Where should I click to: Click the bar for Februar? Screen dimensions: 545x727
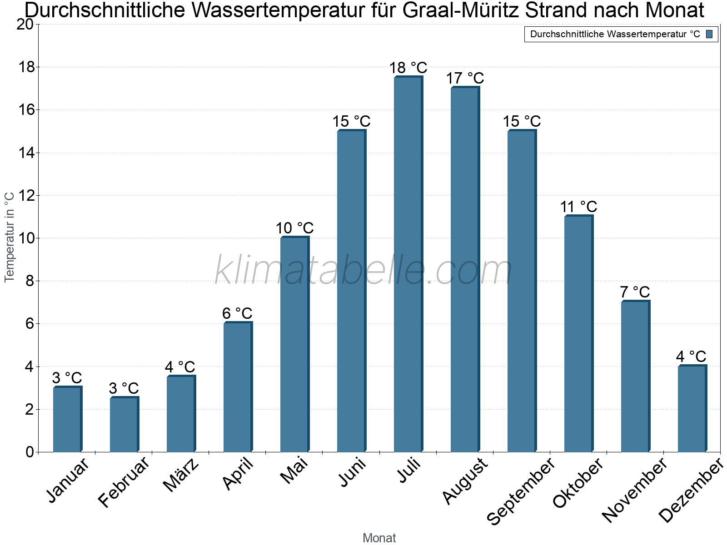(x=124, y=424)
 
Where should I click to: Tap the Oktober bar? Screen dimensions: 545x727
(x=578, y=334)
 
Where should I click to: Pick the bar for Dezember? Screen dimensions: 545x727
(x=692, y=409)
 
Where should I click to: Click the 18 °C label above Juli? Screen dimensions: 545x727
(x=408, y=68)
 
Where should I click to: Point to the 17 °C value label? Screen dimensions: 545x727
(x=465, y=79)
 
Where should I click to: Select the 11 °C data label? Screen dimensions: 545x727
(x=578, y=207)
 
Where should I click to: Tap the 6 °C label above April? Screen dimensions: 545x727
(x=237, y=313)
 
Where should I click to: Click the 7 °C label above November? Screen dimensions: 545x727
(x=635, y=292)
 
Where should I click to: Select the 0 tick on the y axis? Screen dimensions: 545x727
(x=30, y=452)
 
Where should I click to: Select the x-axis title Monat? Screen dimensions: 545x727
(x=379, y=538)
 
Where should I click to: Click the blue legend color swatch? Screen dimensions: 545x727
(x=709, y=34)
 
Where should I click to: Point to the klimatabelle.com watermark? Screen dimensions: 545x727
(x=363, y=271)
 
